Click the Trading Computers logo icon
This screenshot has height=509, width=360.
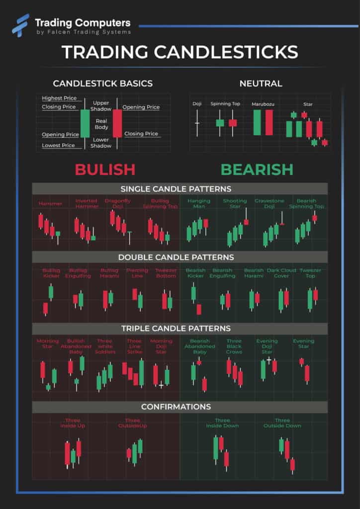(x=20, y=25)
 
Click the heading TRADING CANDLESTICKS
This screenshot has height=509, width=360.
(x=180, y=52)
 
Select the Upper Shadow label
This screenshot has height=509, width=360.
(x=101, y=106)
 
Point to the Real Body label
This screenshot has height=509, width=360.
(x=101, y=124)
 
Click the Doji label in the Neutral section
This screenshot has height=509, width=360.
(x=197, y=104)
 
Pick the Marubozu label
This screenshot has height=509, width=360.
(x=263, y=104)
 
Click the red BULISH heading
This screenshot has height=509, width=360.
(x=105, y=170)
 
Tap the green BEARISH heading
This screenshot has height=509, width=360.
(x=257, y=170)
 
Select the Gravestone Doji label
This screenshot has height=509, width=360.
(x=269, y=203)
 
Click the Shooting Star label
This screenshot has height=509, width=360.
(x=235, y=203)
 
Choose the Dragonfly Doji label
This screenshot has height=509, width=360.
(x=118, y=203)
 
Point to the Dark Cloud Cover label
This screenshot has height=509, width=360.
(x=281, y=273)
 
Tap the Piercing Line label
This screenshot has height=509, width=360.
(x=137, y=273)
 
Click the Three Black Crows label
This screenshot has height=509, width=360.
(x=234, y=346)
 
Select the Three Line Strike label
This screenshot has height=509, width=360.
(x=134, y=346)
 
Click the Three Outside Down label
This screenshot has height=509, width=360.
(x=282, y=423)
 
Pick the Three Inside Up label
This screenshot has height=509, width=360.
(x=73, y=423)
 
